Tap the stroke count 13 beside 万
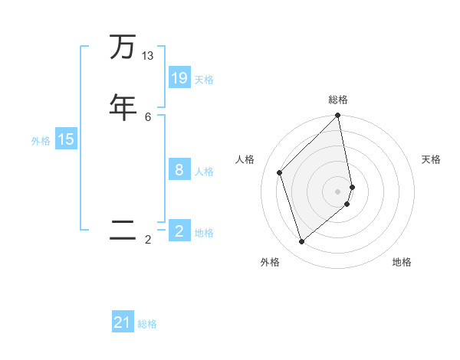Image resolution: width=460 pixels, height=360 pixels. click(x=148, y=56)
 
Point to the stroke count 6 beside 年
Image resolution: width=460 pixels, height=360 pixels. click(x=148, y=116)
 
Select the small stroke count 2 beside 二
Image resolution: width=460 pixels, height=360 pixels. click(x=148, y=240)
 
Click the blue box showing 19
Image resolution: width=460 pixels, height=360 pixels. click(x=179, y=78)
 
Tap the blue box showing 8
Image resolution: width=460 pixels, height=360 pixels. click(x=179, y=170)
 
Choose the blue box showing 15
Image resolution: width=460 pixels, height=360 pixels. click(x=66, y=139)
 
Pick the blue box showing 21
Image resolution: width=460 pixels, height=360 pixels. click(x=123, y=322)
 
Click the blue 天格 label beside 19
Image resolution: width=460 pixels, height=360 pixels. click(x=204, y=80)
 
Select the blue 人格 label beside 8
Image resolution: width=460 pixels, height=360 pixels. click(x=204, y=172)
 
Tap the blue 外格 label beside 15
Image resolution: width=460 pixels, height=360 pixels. click(x=41, y=141)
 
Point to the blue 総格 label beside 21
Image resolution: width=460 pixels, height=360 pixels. click(x=147, y=324)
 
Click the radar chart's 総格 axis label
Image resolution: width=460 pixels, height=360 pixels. click(x=338, y=100)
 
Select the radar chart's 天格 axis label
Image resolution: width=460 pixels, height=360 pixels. click(x=431, y=159)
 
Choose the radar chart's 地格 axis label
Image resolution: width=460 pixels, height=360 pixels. click(x=402, y=262)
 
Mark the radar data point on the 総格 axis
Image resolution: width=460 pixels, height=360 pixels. click(x=338, y=116)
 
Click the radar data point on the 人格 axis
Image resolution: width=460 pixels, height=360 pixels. click(x=280, y=172)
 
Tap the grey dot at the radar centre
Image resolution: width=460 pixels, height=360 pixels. click(x=338, y=191)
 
